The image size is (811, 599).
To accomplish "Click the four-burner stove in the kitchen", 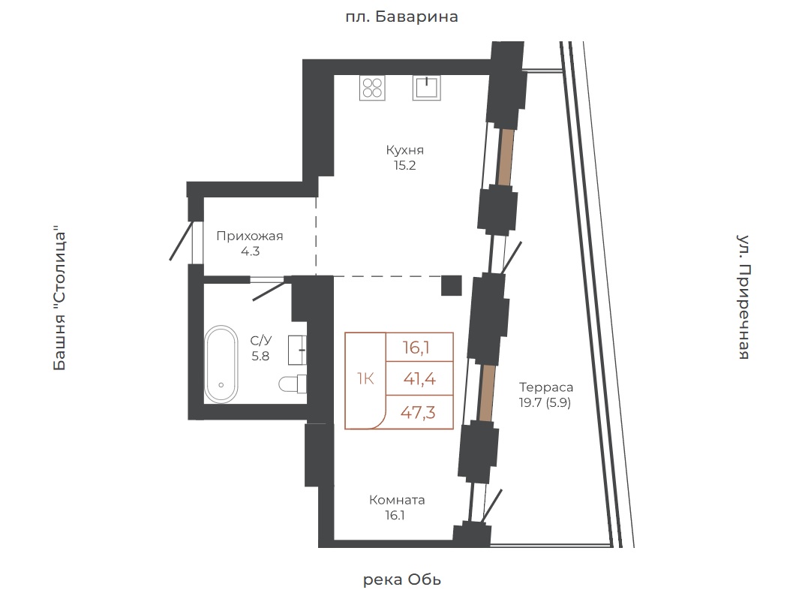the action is click(x=372, y=87).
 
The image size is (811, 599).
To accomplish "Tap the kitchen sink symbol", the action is click(x=427, y=87).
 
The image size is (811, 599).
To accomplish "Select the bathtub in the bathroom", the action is click(x=221, y=364).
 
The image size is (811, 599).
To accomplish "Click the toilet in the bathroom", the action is click(x=293, y=384).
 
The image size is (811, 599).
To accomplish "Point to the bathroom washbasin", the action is click(x=298, y=351).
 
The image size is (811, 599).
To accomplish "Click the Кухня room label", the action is click(x=405, y=150).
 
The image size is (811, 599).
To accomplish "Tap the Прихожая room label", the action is click(x=250, y=236).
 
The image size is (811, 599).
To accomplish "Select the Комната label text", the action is click(x=397, y=500).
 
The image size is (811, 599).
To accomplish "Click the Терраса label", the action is click(x=546, y=387).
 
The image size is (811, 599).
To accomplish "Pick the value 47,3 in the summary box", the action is click(x=419, y=413).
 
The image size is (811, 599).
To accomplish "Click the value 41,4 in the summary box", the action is click(x=419, y=379).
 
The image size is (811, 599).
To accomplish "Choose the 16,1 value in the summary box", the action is click(x=416, y=347).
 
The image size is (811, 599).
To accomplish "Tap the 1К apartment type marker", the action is click(x=365, y=379).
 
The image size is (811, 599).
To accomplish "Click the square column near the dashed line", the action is click(x=452, y=285).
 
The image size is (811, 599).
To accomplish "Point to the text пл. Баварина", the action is click(x=402, y=17).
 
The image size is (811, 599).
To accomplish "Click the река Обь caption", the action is click(x=402, y=579).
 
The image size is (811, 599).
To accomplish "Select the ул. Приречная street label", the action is click(x=743, y=297).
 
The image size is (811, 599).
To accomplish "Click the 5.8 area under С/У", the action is click(x=260, y=357).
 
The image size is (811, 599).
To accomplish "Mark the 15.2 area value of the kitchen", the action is click(x=405, y=166).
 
